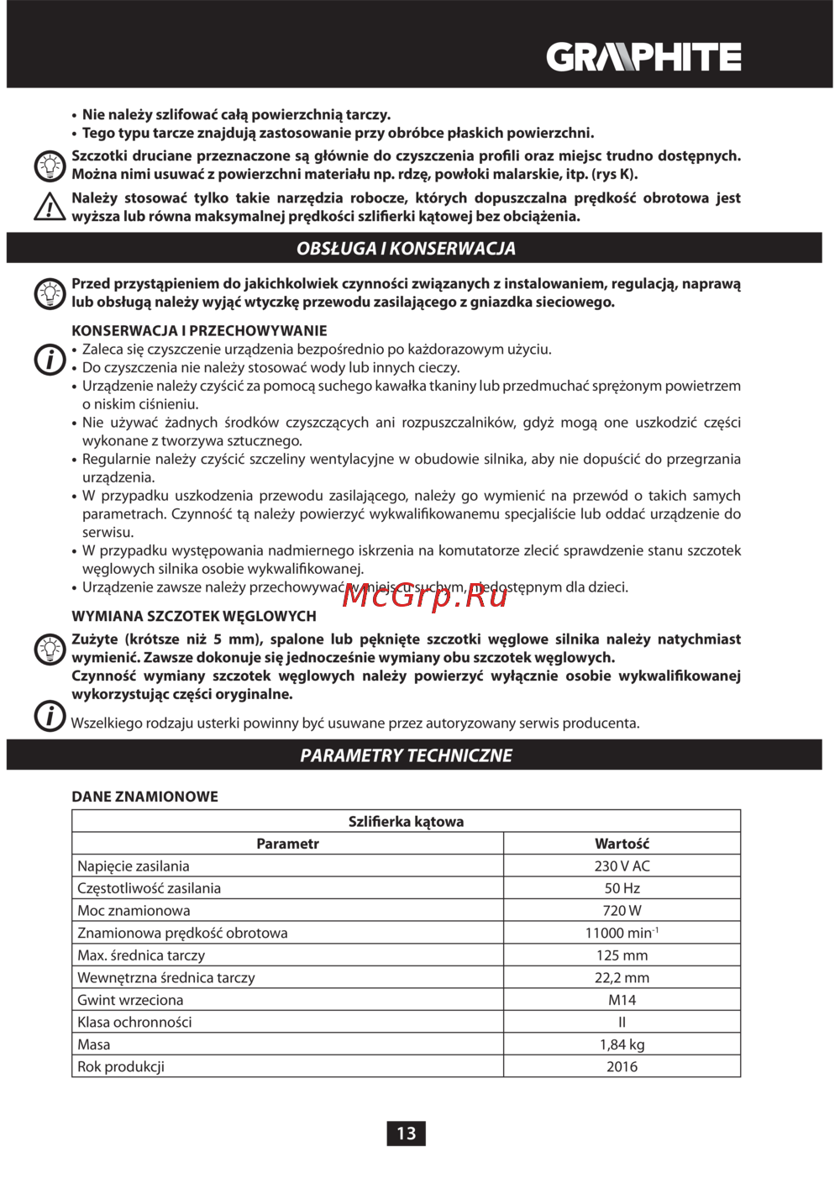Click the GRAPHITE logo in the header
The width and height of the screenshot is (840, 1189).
coord(643,57)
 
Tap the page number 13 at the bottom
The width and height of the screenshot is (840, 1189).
coord(406,1133)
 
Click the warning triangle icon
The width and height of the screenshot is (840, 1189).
coord(50,207)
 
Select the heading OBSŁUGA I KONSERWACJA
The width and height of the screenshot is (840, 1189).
coord(406,249)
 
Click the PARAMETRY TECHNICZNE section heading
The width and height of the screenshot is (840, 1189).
coord(406,755)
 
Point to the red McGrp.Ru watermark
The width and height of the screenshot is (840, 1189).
coord(425,595)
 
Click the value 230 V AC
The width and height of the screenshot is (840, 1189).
coord(622,866)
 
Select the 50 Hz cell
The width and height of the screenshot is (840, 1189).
coord(622,888)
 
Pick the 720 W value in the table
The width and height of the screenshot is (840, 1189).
coord(622,911)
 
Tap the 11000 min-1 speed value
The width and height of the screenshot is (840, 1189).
coord(622,933)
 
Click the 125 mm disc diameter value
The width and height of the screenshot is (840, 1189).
coord(622,955)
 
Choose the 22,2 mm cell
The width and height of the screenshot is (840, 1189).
coord(622,977)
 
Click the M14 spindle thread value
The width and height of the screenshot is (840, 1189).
coord(622,1000)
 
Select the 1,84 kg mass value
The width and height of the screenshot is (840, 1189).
coord(622,1044)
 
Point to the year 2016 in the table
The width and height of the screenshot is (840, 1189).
coord(622,1066)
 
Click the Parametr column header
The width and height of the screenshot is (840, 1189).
coord(287,844)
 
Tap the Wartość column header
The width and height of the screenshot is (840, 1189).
coord(622,844)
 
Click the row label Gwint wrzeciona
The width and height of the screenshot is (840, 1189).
coord(130,1000)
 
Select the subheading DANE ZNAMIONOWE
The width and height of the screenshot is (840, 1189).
coord(144,797)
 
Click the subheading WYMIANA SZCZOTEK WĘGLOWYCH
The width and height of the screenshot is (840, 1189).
coord(194,616)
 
